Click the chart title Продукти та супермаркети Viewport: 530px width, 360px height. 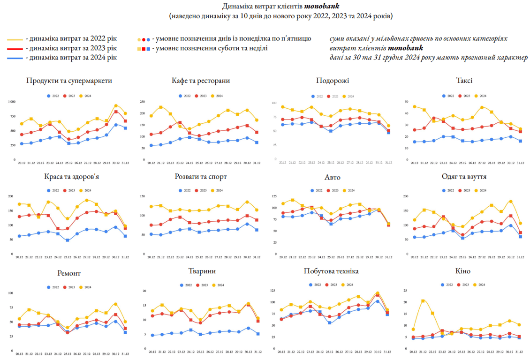69,81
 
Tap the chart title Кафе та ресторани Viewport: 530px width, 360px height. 201,81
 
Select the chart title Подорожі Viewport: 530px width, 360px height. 333,81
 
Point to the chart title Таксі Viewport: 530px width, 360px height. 464,81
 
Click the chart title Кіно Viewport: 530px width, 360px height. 462,271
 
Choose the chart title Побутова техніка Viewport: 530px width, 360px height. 332,271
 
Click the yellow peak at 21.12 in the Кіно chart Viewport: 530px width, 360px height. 423,301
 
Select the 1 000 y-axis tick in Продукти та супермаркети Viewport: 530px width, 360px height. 11,102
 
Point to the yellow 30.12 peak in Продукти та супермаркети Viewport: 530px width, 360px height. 116,106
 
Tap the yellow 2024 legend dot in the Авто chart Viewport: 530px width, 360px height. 345,191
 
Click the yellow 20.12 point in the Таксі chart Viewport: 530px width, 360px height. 414,106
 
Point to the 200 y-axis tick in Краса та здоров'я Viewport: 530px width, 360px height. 11,196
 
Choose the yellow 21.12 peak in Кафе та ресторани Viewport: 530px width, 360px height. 160,107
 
